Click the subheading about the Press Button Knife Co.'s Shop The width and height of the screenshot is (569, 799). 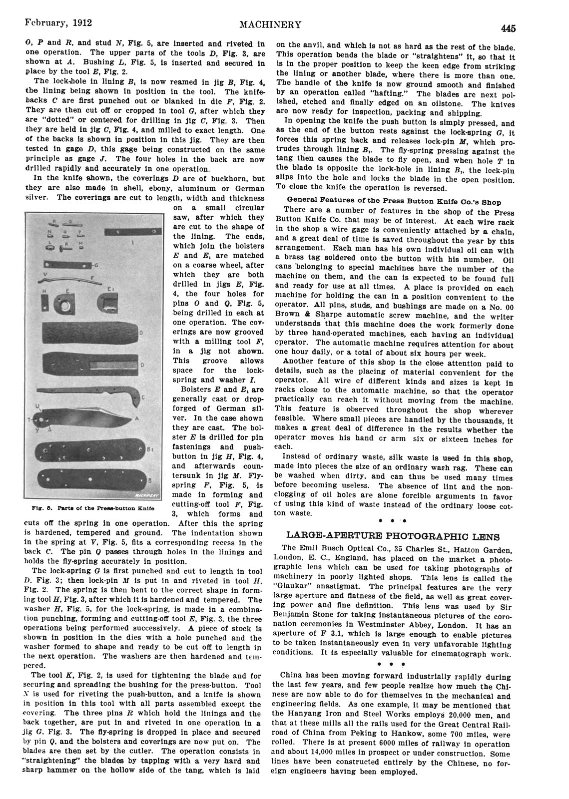pos(394,202)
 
